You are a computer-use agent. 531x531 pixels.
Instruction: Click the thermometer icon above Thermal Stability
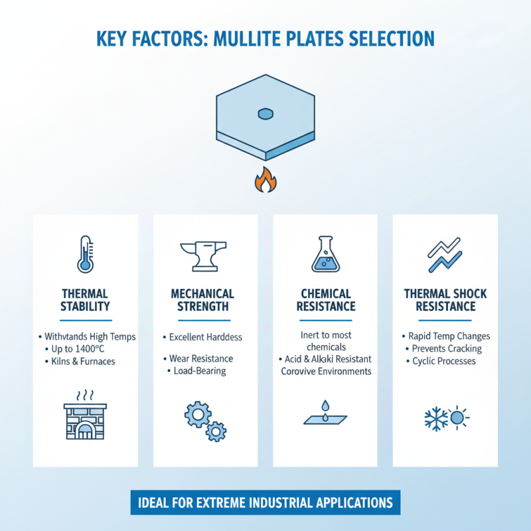coord(85,254)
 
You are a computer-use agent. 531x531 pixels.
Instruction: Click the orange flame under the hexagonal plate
coord(265,181)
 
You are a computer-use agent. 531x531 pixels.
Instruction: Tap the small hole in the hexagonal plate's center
coord(265,114)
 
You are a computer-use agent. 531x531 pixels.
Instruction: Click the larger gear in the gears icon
coord(197,414)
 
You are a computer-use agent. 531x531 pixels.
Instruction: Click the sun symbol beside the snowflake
coord(459,418)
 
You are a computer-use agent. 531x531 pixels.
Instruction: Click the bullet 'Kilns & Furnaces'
coord(82,362)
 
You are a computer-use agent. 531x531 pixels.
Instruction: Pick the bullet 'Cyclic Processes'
coord(444,361)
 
